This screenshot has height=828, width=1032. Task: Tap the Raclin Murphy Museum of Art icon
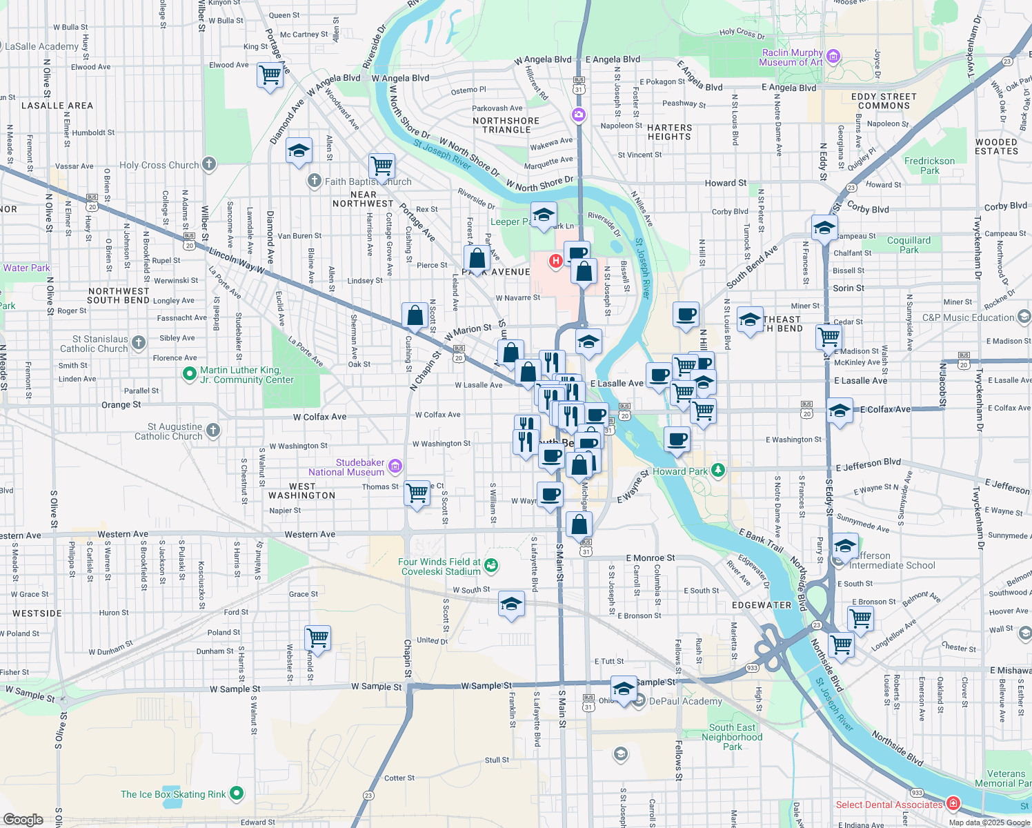pyautogui.click(x=833, y=57)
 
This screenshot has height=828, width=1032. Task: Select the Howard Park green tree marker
pyautogui.click(x=718, y=471)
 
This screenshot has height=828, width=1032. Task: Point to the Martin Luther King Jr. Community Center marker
pyautogui.click(x=189, y=374)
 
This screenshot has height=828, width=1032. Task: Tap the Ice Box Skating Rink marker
pyautogui.click(x=237, y=793)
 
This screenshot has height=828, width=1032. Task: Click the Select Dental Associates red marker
pyautogui.click(x=953, y=803)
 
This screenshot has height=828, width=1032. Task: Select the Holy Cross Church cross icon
pyautogui.click(x=209, y=165)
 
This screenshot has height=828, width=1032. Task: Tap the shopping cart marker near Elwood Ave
pyautogui.click(x=270, y=75)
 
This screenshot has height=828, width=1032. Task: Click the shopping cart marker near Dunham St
pyautogui.click(x=317, y=637)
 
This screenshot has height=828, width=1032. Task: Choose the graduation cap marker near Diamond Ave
pyautogui.click(x=299, y=150)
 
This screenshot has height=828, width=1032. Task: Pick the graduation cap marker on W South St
pyautogui.click(x=511, y=604)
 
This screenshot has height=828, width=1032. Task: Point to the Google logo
pyautogui.click(x=23, y=819)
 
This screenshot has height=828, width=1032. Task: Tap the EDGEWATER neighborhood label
pyautogui.click(x=762, y=605)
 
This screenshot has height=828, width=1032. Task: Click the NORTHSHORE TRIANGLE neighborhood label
pyautogui.click(x=506, y=125)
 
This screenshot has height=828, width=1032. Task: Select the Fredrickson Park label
pyautogui.click(x=929, y=166)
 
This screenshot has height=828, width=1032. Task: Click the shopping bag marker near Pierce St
pyautogui.click(x=477, y=259)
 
